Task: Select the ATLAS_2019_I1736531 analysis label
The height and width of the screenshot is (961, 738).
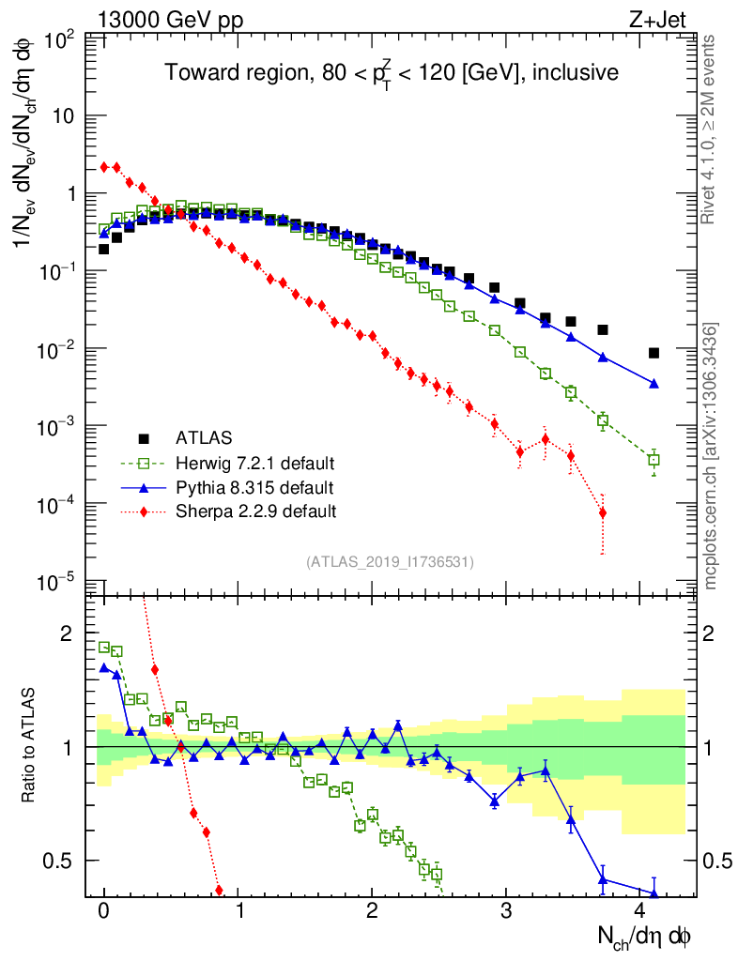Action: pos(390,562)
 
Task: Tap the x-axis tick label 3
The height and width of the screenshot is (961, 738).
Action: pos(506,910)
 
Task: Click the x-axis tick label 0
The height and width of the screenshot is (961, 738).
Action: pos(104,910)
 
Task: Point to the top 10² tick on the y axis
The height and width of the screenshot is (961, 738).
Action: pos(59,39)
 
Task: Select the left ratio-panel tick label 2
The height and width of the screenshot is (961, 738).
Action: pos(67,633)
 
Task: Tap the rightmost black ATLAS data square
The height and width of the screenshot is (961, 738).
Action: pos(653,353)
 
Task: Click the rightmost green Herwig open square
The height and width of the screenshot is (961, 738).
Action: pos(653,460)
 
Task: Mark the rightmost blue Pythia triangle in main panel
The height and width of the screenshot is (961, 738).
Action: pos(653,383)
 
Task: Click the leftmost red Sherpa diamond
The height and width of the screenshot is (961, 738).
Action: pos(104,167)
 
